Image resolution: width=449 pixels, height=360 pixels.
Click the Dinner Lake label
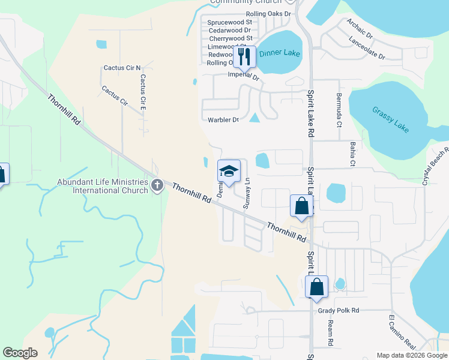pos(279,53)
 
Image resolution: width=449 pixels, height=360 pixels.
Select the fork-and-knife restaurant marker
pos(244,57)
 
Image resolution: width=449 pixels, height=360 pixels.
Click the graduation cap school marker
pos(228,171)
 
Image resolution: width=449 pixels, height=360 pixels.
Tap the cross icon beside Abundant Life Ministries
pos(157,185)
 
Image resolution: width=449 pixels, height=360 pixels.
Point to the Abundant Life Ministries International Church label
pos(102,186)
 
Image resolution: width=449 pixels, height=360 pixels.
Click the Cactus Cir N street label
pos(122,68)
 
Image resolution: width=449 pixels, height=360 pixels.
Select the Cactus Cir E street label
pos(143,92)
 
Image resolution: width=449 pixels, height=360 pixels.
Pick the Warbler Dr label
pos(223,120)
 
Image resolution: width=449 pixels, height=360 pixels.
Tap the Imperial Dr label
pos(243,76)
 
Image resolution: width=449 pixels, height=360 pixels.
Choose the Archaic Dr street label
pos(359,28)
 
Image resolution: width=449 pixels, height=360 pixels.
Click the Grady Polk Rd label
pos(337,310)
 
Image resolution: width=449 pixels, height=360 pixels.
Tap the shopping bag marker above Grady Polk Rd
pos(316,287)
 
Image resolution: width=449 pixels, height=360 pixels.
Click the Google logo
pos(20,353)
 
